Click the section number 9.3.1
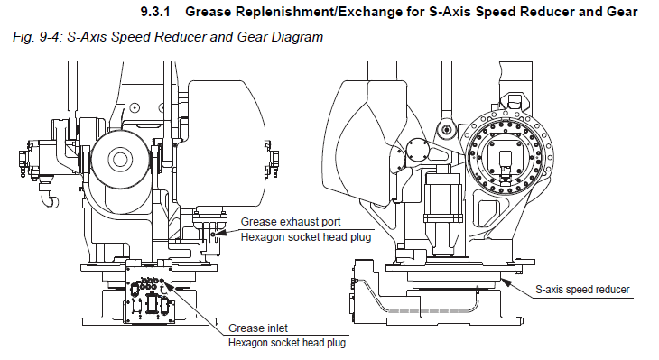155,12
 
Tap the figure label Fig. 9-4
37,37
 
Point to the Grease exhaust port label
291,222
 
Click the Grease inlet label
257,328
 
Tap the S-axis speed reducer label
582,290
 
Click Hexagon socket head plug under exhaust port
305,237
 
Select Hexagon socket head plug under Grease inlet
287,343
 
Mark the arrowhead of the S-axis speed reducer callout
506,282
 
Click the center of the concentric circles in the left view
120,159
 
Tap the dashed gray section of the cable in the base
428,311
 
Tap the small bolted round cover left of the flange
417,150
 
